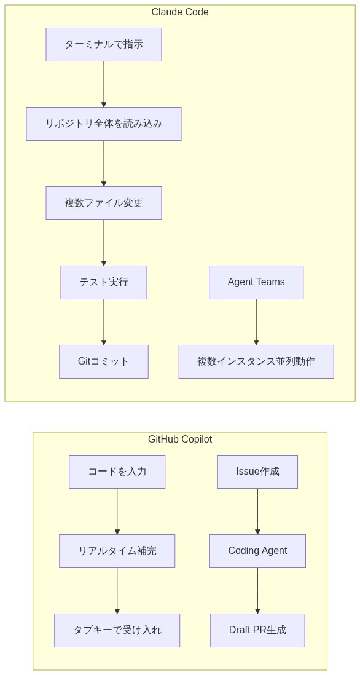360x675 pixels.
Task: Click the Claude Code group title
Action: point(179,12)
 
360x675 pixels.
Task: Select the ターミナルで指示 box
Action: point(103,44)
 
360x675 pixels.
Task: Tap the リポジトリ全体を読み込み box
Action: point(103,124)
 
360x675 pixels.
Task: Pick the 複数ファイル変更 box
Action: point(103,203)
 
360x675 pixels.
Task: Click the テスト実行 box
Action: point(103,282)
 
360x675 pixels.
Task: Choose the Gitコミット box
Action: point(103,361)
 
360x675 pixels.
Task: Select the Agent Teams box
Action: point(256,282)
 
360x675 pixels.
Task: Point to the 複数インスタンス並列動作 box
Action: point(256,361)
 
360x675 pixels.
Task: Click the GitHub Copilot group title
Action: point(179,440)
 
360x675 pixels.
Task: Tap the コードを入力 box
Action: point(117,472)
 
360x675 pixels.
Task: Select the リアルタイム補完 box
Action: point(117,551)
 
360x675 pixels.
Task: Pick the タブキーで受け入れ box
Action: point(117,630)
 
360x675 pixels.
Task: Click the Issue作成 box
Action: point(257,472)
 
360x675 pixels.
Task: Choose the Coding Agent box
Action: point(257,551)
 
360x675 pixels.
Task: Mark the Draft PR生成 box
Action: point(257,630)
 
